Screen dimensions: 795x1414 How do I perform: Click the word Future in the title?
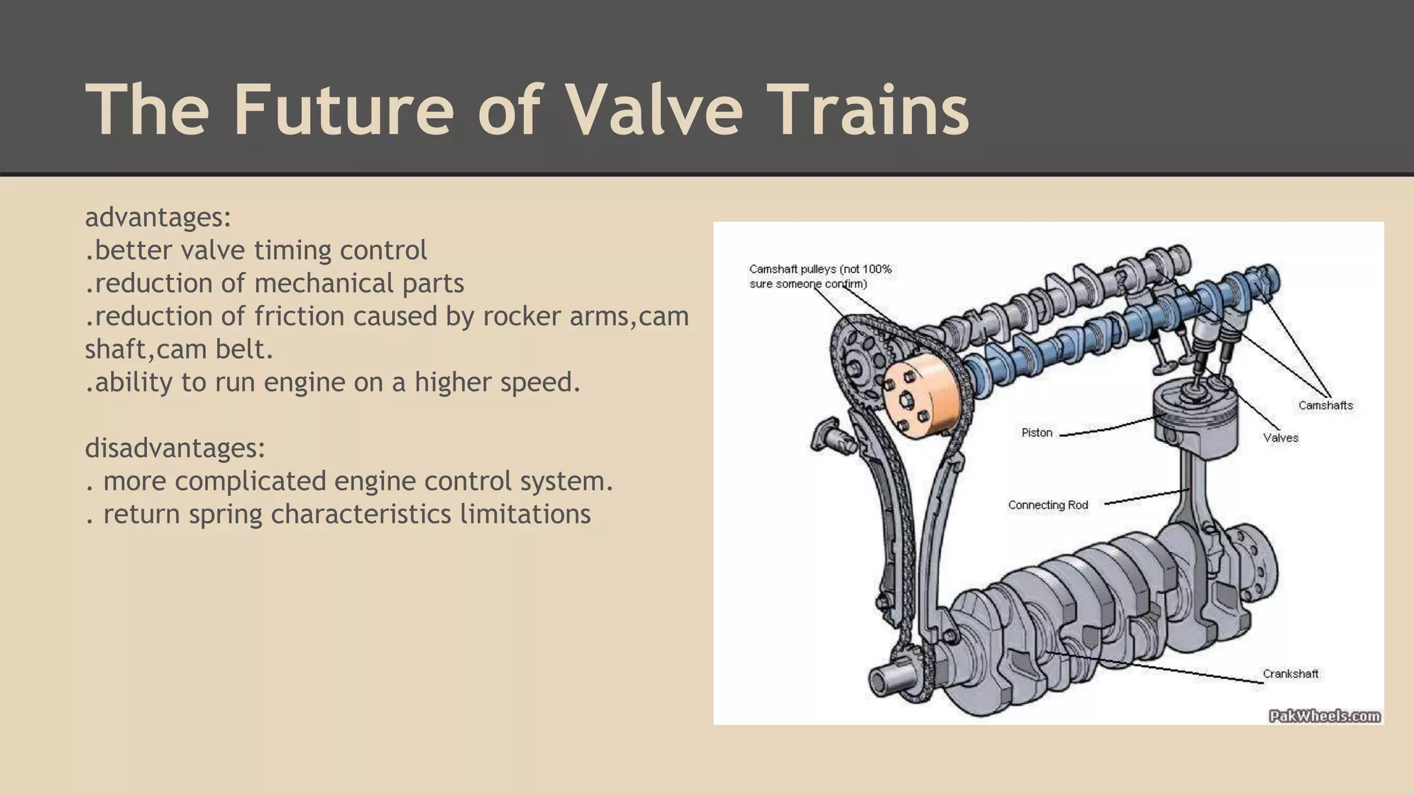343,110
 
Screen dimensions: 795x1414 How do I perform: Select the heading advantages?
158,217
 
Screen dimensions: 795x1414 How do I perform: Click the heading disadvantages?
175,448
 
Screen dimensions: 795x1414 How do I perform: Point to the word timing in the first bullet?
291,251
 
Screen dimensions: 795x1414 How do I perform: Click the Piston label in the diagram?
1037,433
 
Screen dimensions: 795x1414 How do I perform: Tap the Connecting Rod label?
1047,505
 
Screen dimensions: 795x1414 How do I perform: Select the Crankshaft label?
1290,674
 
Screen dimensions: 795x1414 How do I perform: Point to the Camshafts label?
1325,405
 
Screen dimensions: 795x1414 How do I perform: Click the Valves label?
1281,438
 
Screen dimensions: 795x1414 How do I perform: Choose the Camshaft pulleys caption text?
820,276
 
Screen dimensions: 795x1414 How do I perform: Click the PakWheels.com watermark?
1324,716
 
